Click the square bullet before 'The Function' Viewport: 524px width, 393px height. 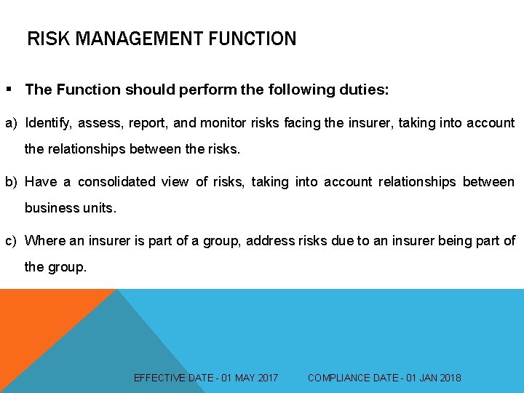9,90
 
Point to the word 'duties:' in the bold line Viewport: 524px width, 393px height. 363,90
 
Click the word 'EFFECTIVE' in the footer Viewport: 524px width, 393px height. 160,378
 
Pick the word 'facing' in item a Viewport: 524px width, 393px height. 298,123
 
